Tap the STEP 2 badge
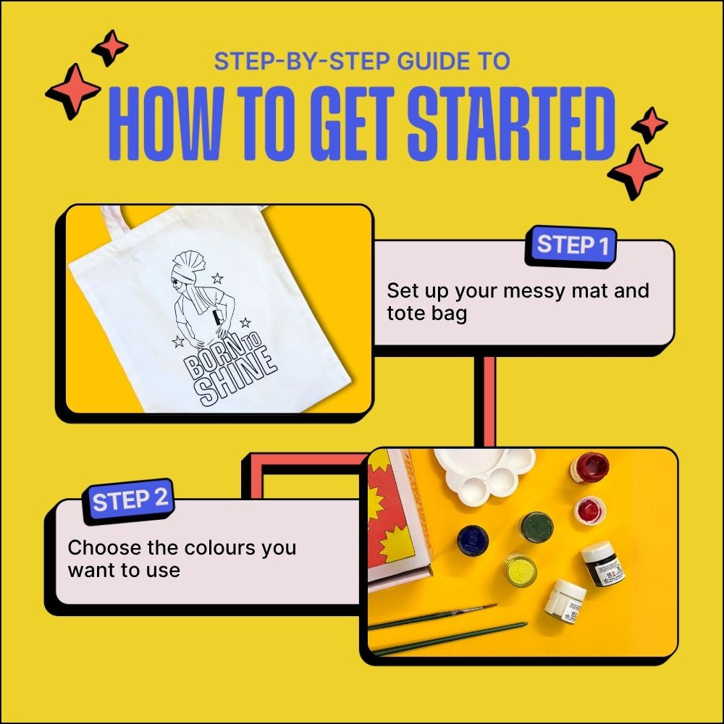(x=130, y=500)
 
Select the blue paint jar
(x=473, y=540)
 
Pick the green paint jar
(x=536, y=526)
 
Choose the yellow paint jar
(x=520, y=570)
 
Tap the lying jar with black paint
(x=602, y=564)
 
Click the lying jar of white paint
(x=566, y=600)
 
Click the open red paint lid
(x=590, y=510)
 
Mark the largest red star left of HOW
(x=73, y=91)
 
